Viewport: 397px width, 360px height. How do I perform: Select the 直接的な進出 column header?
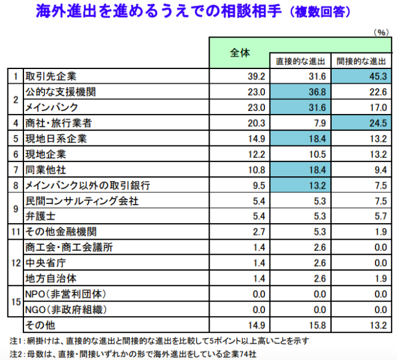pos(299,61)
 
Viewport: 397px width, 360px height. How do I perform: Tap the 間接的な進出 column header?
pos(361,61)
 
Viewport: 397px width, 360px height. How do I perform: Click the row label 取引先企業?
pos(51,76)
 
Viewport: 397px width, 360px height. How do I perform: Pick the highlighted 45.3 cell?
pos(361,76)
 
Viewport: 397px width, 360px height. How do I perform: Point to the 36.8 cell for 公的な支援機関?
pos(299,92)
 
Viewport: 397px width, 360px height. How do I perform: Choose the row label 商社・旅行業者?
pos(59,123)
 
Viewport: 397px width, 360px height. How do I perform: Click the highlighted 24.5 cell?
pos(361,123)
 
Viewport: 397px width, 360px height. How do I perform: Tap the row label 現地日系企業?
pos(55,138)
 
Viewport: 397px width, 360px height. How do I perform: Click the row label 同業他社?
pos(46,169)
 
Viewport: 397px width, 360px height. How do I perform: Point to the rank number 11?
pos(15,232)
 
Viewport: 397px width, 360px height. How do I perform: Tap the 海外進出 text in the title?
pos(59,12)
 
